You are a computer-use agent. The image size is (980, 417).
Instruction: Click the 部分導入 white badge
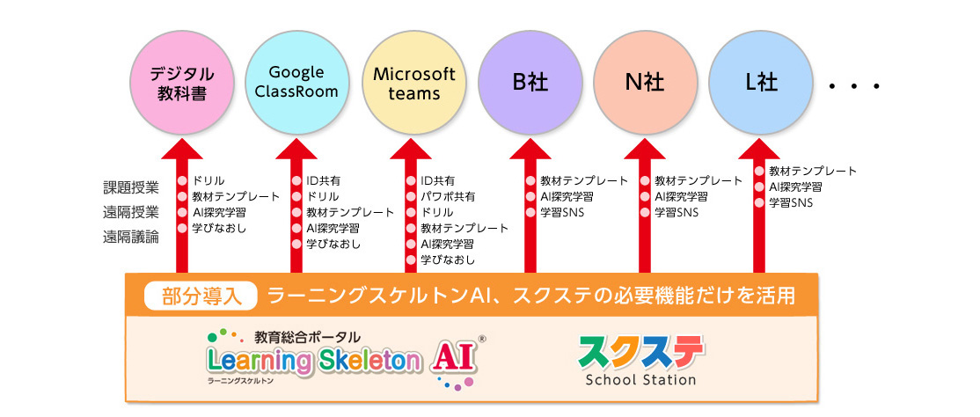pos(201,296)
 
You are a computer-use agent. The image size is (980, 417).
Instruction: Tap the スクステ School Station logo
pos(640,361)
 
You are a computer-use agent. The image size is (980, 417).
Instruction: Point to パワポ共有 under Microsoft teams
pos(448,196)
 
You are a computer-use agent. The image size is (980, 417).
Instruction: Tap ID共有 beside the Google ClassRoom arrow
pos(323,180)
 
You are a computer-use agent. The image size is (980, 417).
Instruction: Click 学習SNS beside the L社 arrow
pos(791,202)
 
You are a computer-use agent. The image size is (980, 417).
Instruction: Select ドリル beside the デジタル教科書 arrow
pos(208,180)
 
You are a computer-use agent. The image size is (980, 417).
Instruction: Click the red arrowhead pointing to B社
pos(530,148)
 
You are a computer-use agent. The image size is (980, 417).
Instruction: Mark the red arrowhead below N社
pos(644,148)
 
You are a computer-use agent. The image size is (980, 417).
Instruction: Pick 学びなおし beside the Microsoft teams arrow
pos(448,260)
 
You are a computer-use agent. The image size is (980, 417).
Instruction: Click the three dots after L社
pos(853,86)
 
